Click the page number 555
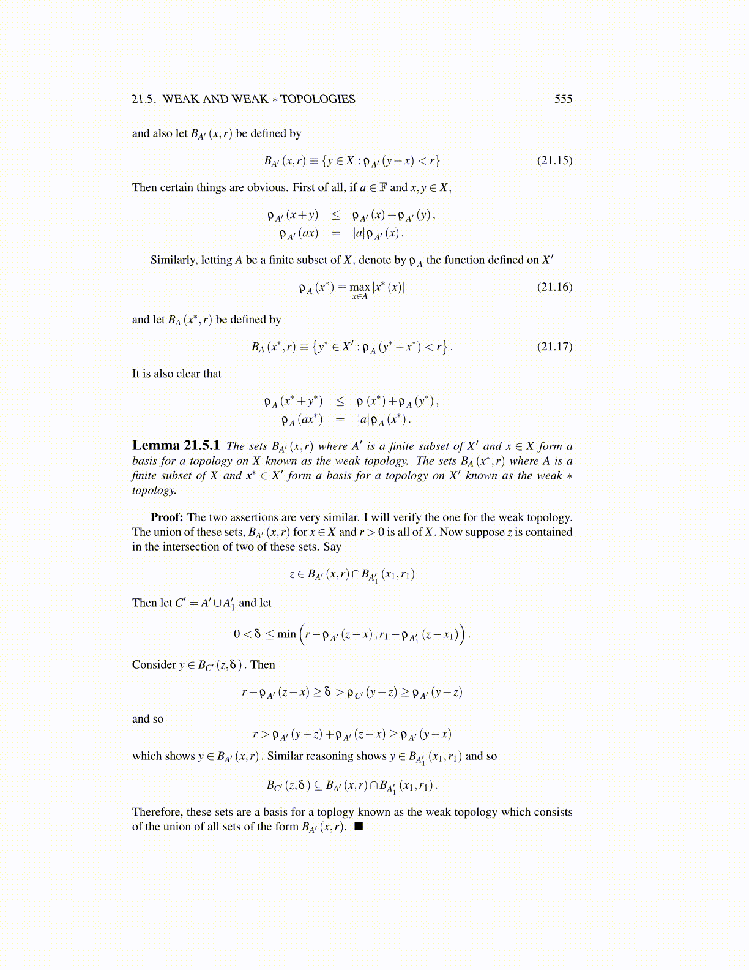[x=563, y=99]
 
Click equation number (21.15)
[x=554, y=160]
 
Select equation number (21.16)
[x=554, y=287]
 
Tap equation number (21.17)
[x=554, y=347]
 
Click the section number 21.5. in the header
[x=144, y=99]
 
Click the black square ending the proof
[x=359, y=827]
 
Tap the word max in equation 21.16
[x=359, y=287]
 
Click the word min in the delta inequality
[x=286, y=634]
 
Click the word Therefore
[x=157, y=812]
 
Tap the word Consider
[x=154, y=665]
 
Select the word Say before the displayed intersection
[x=332, y=547]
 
